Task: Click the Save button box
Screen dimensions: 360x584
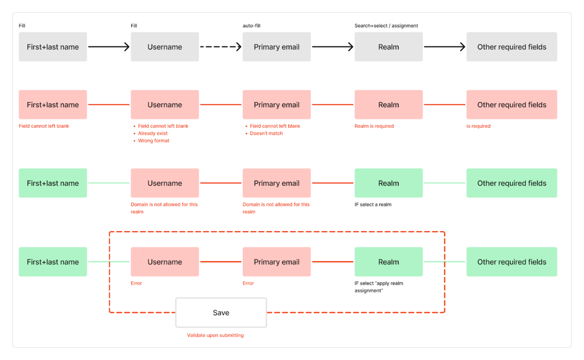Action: coord(221,313)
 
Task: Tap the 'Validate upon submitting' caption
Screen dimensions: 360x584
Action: coord(215,335)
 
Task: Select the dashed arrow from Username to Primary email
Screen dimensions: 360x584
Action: coord(220,47)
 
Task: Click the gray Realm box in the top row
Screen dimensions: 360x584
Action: coord(388,47)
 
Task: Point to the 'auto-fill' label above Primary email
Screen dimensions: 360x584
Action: coord(251,26)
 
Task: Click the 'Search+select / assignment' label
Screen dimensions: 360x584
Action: coord(386,26)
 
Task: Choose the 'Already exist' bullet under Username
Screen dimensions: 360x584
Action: coord(153,133)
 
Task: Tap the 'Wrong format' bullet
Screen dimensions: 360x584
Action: coord(154,141)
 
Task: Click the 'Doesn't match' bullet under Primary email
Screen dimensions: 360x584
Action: coord(266,133)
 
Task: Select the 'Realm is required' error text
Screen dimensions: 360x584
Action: coord(374,126)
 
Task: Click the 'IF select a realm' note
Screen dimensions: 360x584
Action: coord(373,204)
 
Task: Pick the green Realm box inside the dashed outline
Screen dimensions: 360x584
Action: coord(388,262)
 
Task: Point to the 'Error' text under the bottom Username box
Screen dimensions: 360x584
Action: coord(136,283)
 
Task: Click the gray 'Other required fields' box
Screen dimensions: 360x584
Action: coord(511,47)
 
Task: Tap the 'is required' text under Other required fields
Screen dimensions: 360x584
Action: coord(478,126)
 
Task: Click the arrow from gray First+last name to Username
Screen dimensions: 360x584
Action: coord(109,47)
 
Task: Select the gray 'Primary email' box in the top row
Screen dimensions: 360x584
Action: coord(276,47)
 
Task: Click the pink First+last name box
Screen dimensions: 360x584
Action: coord(52,104)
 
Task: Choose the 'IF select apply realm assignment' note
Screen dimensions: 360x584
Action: coord(379,287)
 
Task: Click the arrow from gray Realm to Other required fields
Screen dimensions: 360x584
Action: coord(444,47)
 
